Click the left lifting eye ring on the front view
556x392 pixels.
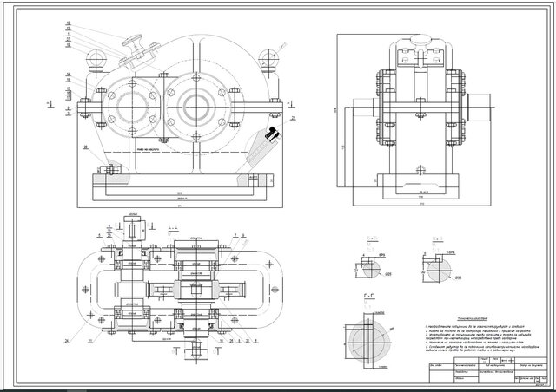point(97,58)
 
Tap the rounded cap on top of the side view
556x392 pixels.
point(416,39)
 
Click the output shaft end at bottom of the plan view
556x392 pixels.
point(195,351)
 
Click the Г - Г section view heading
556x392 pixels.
point(369,297)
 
